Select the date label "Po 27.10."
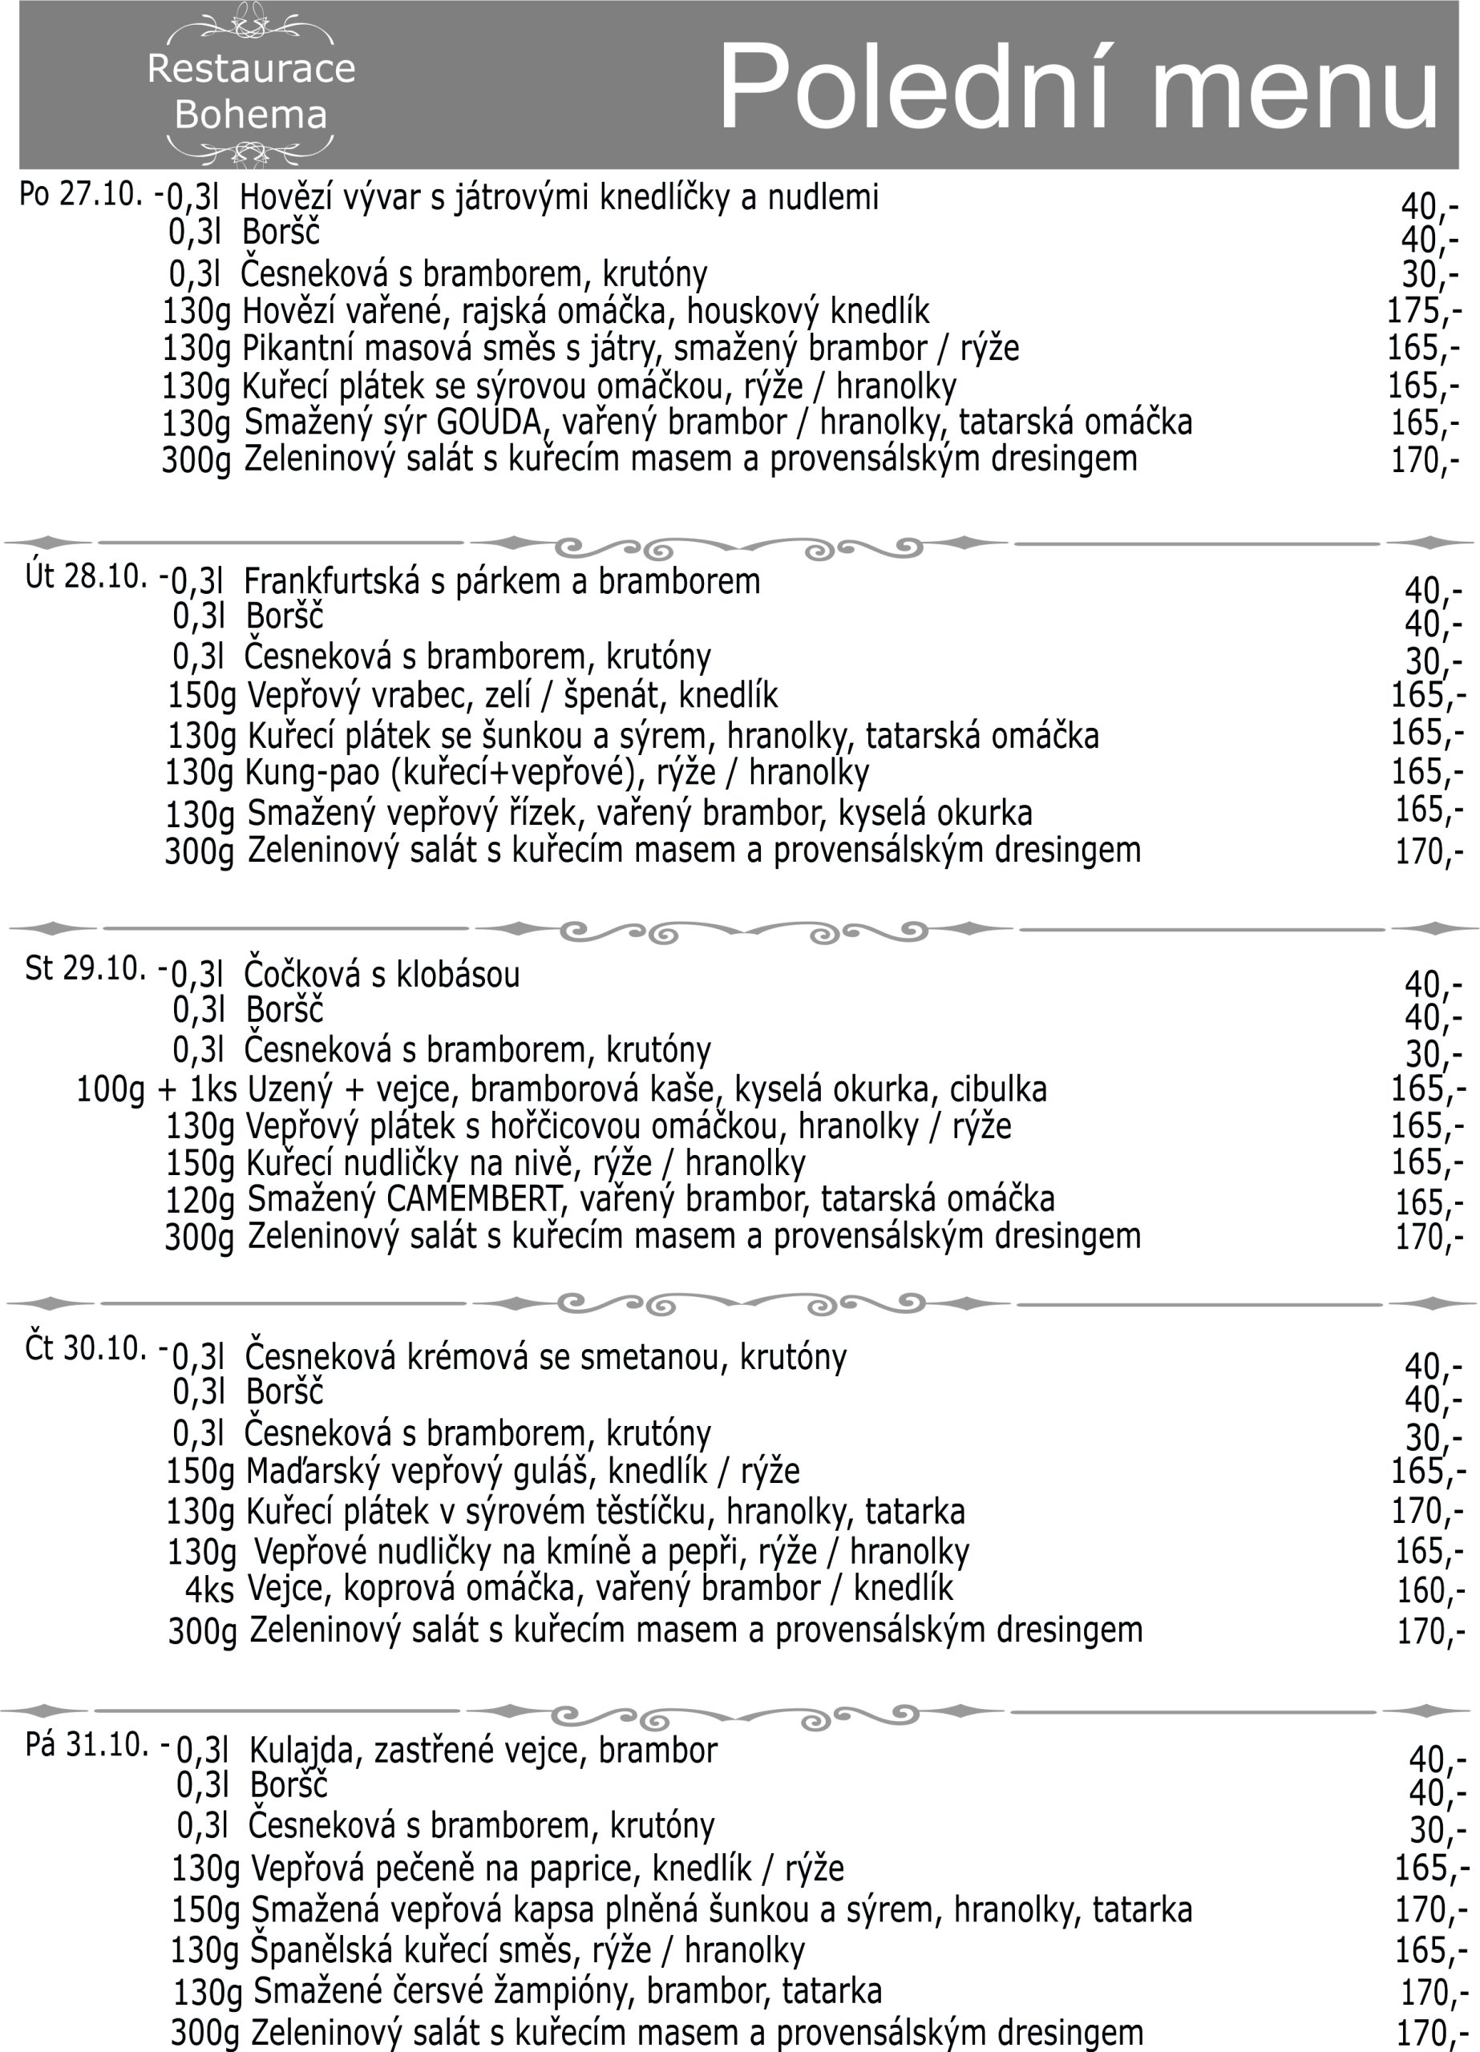coord(80,194)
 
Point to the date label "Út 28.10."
coord(86,577)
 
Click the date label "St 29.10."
coord(86,969)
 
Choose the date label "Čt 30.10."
coord(86,1349)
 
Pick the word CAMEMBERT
coord(473,1200)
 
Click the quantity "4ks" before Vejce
coord(209,1590)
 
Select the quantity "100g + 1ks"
coord(156,1089)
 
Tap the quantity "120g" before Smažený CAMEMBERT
coord(199,1202)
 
